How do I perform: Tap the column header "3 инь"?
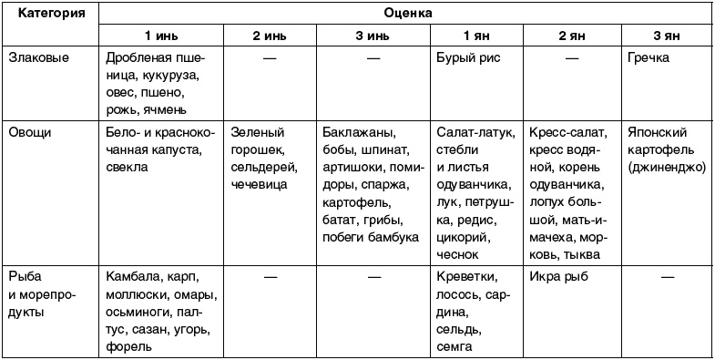(x=372, y=36)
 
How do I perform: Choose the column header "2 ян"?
(x=571, y=36)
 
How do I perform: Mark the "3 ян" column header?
(x=666, y=36)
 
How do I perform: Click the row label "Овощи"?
(x=30, y=132)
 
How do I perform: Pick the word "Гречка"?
(x=649, y=57)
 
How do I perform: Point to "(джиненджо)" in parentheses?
(x=667, y=168)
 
